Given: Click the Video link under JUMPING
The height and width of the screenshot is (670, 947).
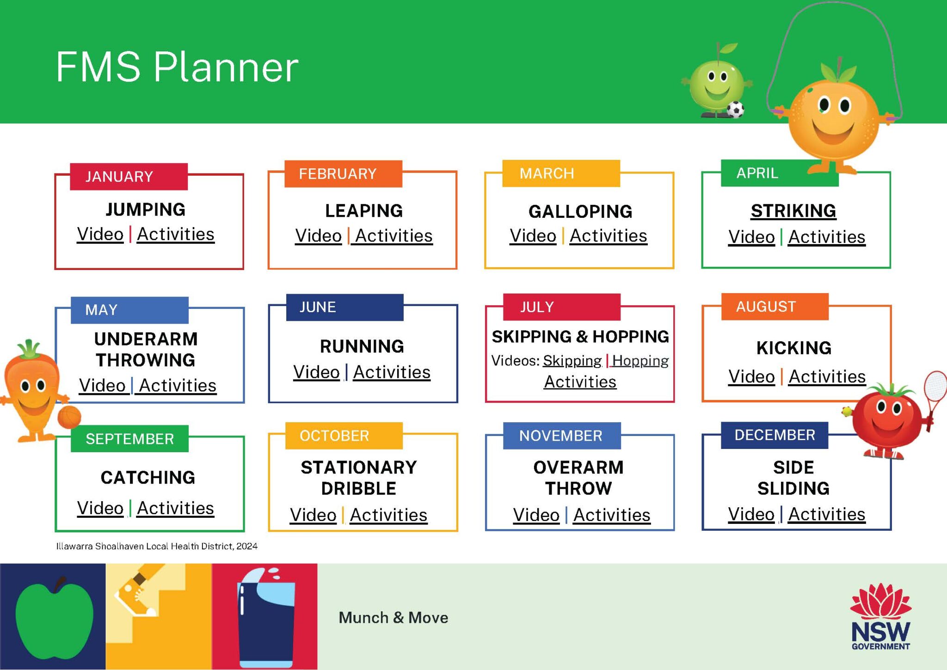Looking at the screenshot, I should pyautogui.click(x=100, y=234).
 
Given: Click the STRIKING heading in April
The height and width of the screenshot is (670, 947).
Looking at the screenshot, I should pyautogui.click(x=793, y=211).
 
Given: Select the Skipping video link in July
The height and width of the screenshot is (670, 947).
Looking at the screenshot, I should pyautogui.click(x=572, y=361).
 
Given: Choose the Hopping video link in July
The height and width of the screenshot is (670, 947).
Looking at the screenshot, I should pyautogui.click(x=640, y=361).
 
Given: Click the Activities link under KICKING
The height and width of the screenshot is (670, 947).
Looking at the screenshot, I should pyautogui.click(x=827, y=377).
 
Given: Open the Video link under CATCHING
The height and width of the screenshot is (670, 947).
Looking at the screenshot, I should pyautogui.click(x=100, y=508).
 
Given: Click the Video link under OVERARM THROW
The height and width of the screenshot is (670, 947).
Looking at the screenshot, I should pyautogui.click(x=536, y=515).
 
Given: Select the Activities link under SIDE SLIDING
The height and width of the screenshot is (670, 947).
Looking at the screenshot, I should pyautogui.click(x=826, y=514).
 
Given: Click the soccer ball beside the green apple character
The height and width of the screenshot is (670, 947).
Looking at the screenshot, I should pyautogui.click(x=735, y=110).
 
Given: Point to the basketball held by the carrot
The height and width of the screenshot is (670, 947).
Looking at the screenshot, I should pyautogui.click(x=69, y=417).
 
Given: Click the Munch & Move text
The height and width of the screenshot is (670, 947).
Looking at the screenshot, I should pyautogui.click(x=393, y=618).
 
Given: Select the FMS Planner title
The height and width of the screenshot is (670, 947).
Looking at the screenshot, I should pyautogui.click(x=177, y=68).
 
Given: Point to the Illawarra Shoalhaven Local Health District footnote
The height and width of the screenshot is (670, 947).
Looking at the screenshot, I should pyautogui.click(x=157, y=546).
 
